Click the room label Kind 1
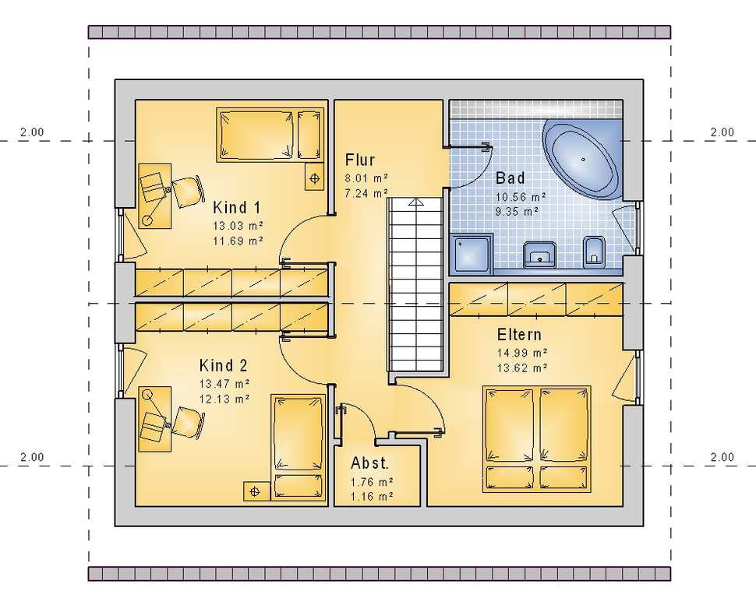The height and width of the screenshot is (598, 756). [237, 208]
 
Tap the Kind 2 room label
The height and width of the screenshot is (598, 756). [223, 366]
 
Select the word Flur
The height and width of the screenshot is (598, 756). [360, 160]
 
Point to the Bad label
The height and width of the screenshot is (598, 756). [510, 178]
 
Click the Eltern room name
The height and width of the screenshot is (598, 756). [519, 334]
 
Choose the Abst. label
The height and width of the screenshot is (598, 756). [369, 463]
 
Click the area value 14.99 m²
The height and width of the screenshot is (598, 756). [522, 353]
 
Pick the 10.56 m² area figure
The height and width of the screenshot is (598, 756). [521, 196]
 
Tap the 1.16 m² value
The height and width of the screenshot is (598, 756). [372, 496]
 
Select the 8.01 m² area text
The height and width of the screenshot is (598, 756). [366, 178]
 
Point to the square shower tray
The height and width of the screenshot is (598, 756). [471, 254]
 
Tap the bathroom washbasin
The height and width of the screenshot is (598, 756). [539, 255]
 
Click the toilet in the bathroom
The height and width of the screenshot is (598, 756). [594, 252]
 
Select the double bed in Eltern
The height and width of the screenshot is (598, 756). [537, 439]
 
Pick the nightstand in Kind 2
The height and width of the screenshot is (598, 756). [255, 491]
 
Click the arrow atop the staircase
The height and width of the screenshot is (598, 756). [415, 202]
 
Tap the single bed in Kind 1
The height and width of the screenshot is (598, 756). [270, 135]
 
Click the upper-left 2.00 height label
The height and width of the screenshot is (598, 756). [32, 132]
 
